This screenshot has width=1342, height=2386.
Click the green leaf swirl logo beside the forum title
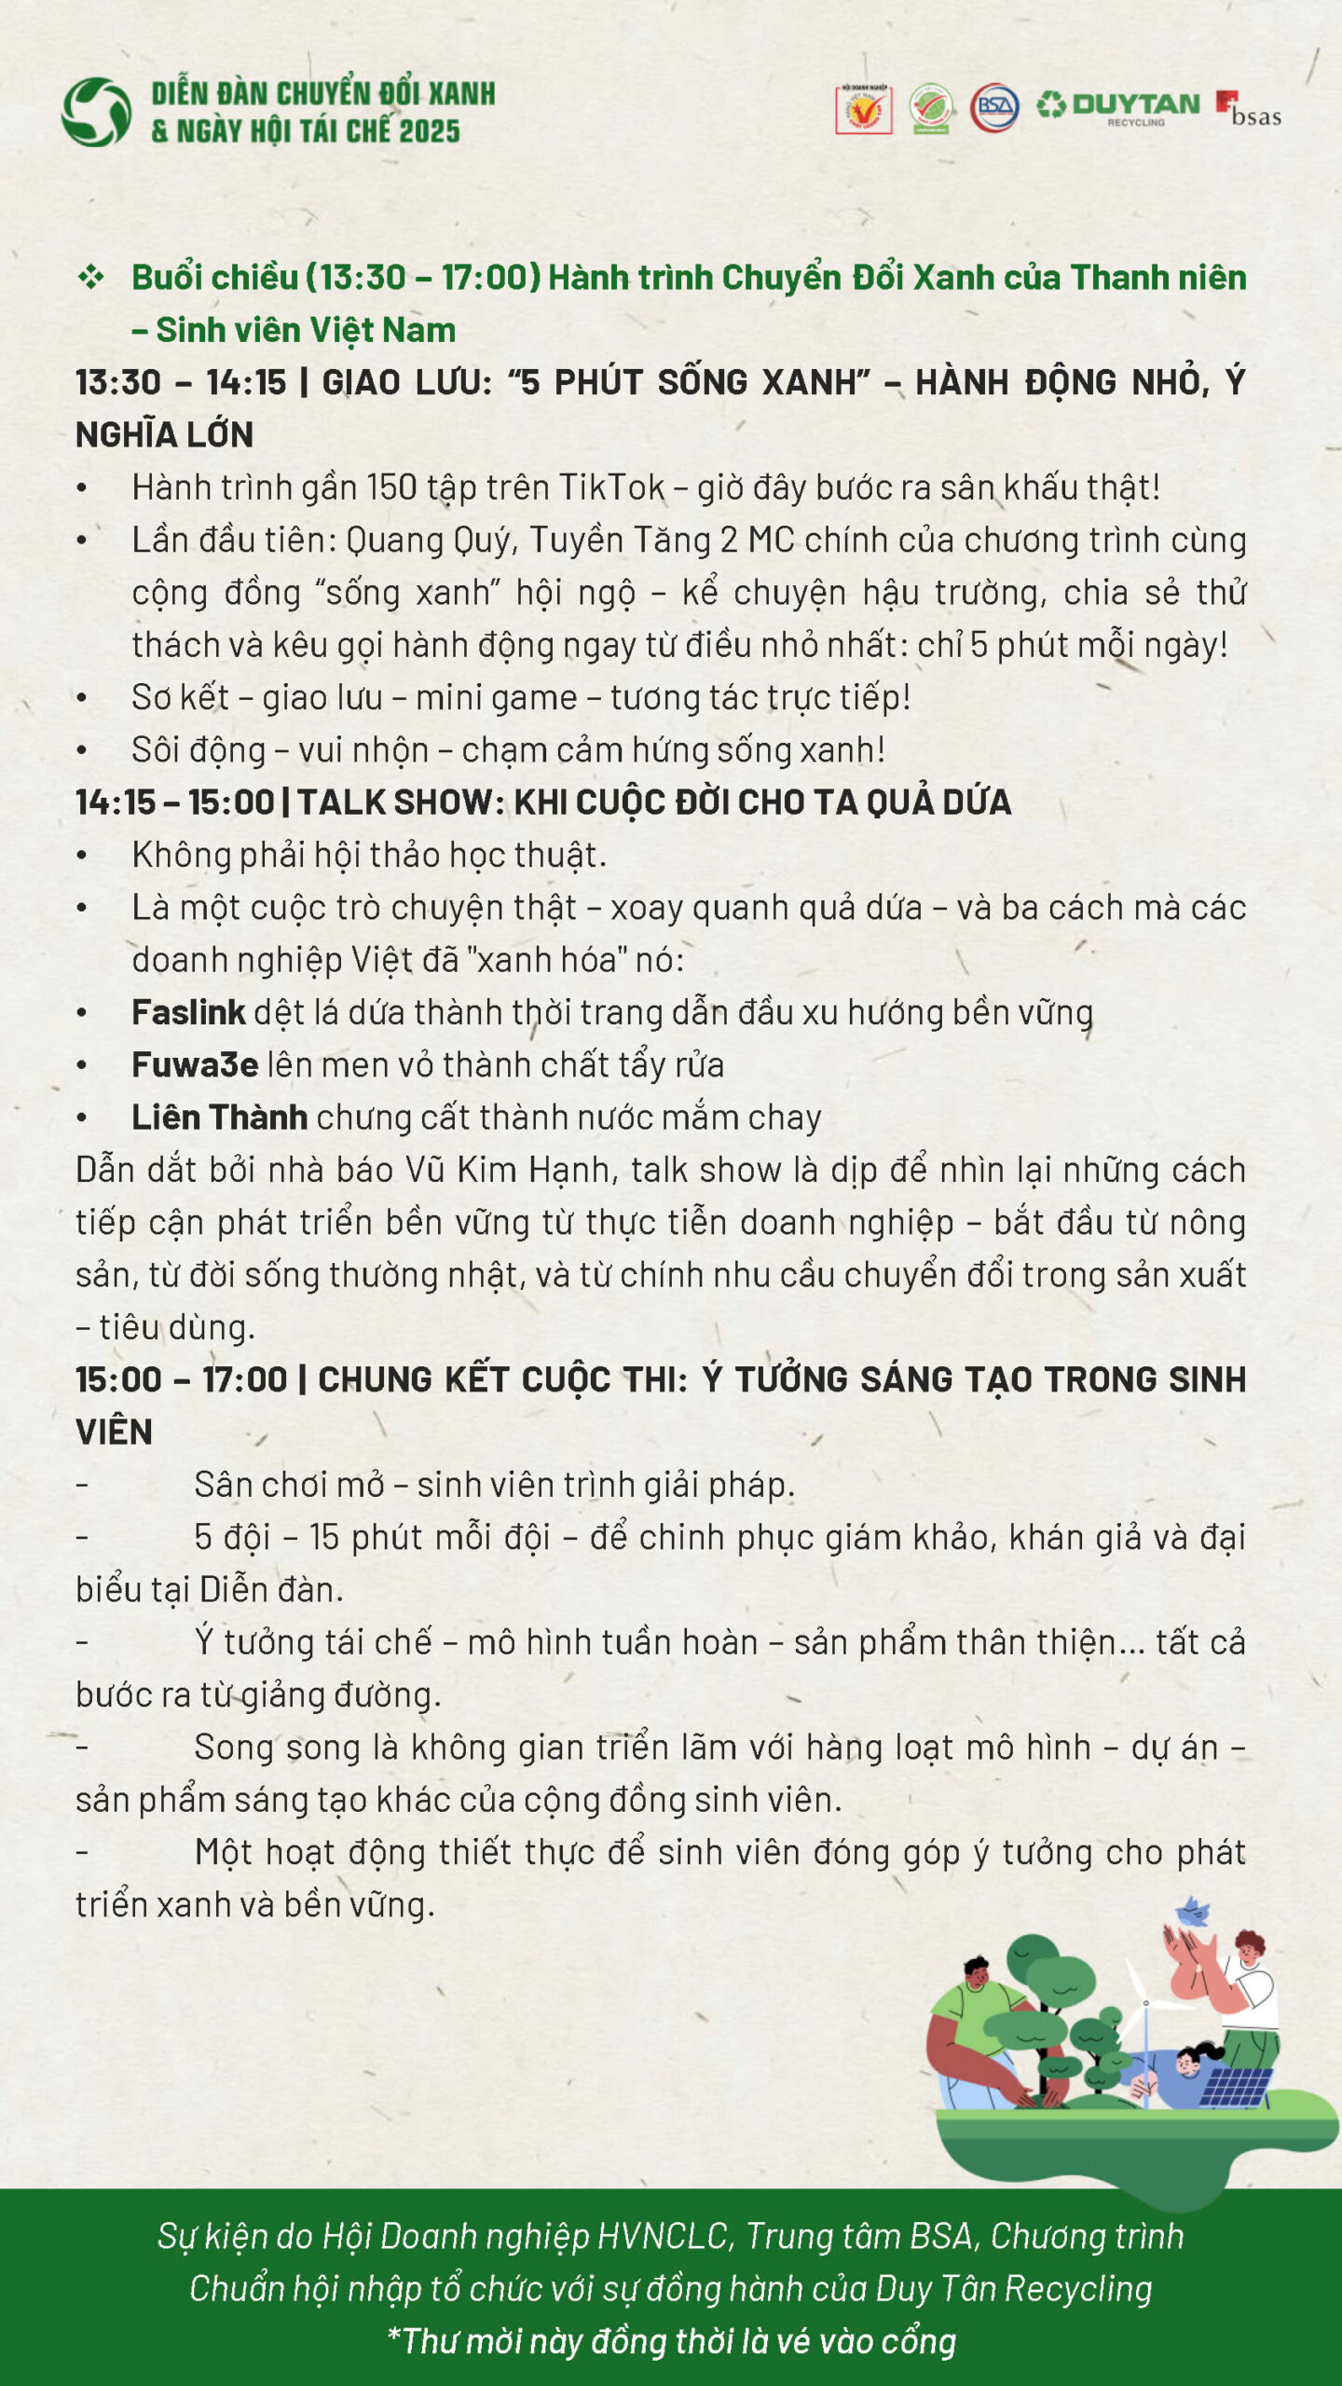tap(96, 112)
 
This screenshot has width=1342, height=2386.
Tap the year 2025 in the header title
tap(429, 131)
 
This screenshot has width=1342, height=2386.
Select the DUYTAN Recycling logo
tap(1118, 106)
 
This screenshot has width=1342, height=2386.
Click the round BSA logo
tap(994, 107)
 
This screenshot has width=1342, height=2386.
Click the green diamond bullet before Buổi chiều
tap(90, 277)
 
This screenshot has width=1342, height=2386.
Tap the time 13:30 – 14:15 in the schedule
tap(181, 382)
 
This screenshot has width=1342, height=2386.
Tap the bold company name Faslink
tap(188, 1012)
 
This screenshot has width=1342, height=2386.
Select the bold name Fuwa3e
tap(194, 1064)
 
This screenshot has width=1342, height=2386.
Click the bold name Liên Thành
tap(219, 1117)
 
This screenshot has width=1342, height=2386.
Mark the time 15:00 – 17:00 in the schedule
tap(181, 1379)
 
